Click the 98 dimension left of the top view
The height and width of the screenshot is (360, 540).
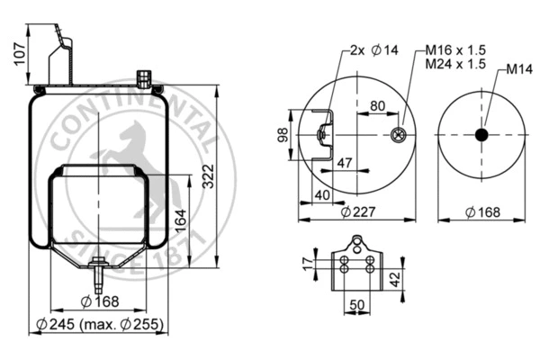283,135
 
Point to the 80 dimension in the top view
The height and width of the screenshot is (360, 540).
376,106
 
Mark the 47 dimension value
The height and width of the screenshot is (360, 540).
342,163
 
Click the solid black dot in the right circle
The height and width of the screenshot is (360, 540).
481,135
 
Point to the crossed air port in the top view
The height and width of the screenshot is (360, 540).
398,136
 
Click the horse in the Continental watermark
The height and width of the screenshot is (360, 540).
123,148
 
